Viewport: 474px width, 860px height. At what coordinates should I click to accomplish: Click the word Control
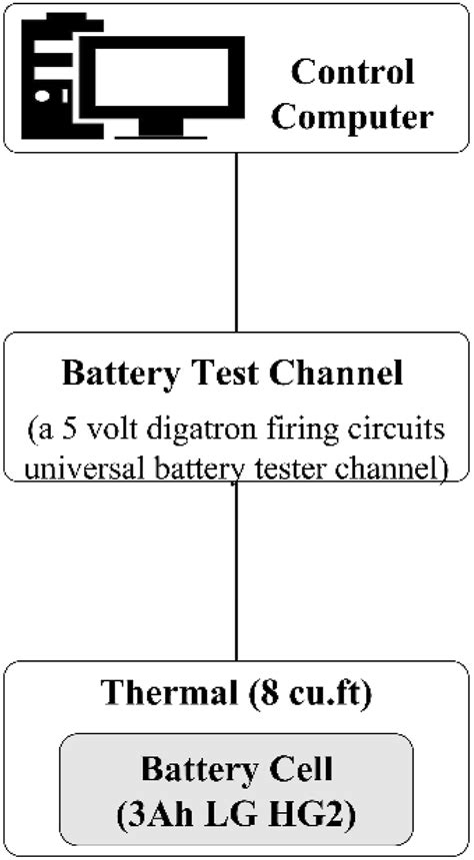[352, 73]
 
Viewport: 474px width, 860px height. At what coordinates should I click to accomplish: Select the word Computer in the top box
[352, 117]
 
